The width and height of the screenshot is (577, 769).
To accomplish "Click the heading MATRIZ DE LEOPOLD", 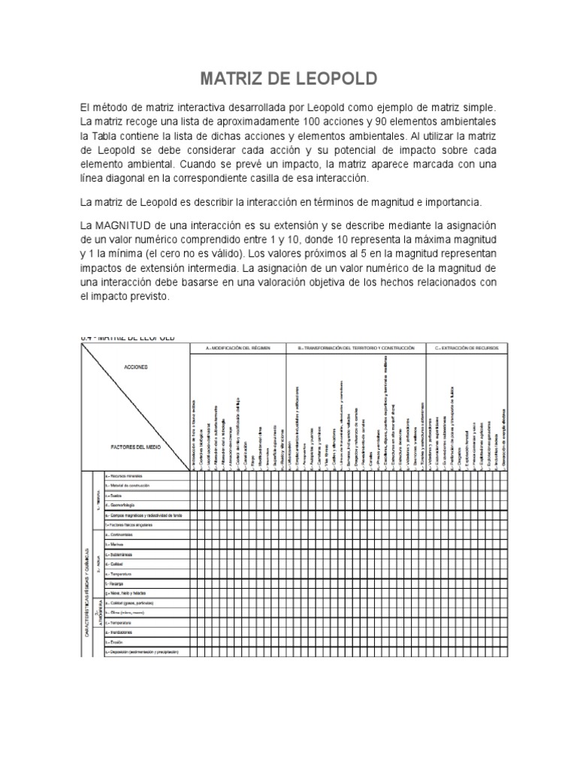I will [288, 79].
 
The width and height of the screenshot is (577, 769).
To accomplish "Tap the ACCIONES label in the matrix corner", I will [137, 369].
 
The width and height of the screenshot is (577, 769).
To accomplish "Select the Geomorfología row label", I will [125, 505].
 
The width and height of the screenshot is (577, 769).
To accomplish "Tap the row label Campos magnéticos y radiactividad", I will [143, 515].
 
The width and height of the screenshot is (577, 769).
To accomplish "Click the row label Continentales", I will [122, 534].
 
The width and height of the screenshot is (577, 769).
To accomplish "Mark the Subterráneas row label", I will [123, 554].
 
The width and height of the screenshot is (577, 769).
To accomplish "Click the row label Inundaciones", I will [123, 632].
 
